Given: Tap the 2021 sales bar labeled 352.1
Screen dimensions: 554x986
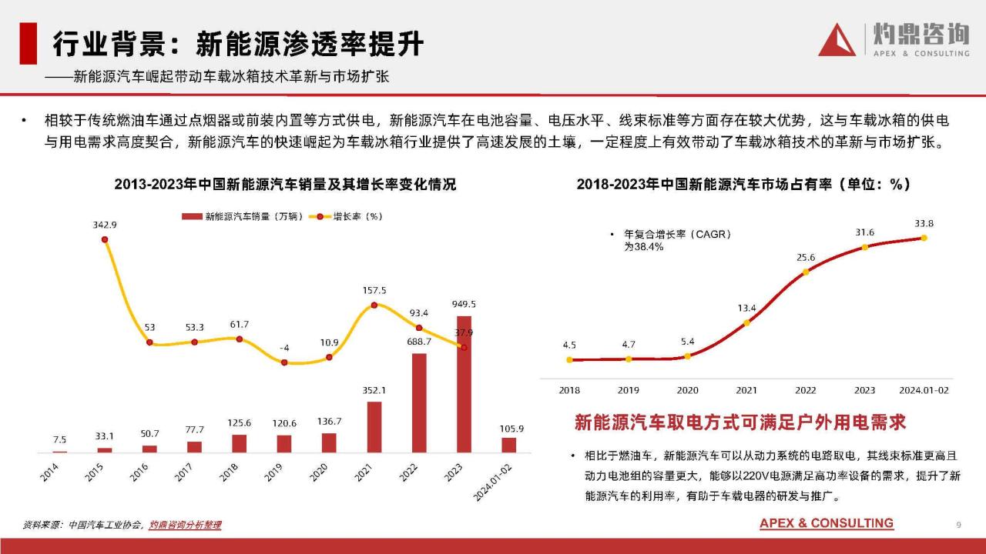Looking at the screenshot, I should point(374,426).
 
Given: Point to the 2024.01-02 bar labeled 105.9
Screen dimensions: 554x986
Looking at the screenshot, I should point(508,445).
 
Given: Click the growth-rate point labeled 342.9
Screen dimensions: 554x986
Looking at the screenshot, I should point(105,239).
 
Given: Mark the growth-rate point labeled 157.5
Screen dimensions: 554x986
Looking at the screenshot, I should point(374,305).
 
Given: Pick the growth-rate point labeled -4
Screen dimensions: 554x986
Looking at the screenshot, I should point(284,362).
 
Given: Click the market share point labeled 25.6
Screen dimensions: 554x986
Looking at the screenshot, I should point(806,272).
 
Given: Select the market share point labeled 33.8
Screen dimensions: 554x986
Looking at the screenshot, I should point(924,238).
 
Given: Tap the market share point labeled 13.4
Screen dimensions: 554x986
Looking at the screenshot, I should point(746,324).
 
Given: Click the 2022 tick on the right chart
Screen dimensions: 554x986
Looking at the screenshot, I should point(806,390).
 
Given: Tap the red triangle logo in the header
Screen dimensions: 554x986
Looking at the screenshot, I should point(837,40).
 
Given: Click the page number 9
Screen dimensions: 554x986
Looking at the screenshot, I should point(958,525).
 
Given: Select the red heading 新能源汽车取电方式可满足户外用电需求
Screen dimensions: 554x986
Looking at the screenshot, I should point(740,422).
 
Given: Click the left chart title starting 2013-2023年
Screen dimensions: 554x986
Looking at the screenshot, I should point(285,185).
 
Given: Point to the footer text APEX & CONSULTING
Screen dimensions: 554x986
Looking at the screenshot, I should point(827,523).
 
